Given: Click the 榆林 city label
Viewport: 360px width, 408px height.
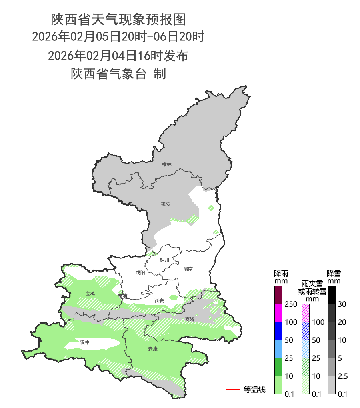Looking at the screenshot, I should coord(167,164).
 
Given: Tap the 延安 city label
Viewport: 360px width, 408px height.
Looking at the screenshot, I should coord(166,204).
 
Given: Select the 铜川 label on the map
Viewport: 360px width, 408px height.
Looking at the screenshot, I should coord(165,260).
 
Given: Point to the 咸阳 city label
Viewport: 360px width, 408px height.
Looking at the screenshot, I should coord(140,273).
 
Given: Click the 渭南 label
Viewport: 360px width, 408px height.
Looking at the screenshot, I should coord(188,269).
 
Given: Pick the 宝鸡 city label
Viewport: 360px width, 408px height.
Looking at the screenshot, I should coord(90,294).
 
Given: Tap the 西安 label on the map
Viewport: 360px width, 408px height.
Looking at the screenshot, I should coord(159,301).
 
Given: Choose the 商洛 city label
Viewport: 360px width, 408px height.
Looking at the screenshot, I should coord(190,319).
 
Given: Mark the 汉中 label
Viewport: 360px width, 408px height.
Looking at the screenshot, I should coord(85,342).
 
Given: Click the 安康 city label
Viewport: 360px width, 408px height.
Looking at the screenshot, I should coord(153,349).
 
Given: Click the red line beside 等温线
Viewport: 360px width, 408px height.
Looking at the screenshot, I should coord(232,389).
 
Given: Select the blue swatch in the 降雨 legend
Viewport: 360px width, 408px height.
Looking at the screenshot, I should coord(279,331).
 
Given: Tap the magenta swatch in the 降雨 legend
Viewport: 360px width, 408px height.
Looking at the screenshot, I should coord(279,313).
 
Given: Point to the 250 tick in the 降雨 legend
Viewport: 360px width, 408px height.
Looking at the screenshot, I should coord(291,304).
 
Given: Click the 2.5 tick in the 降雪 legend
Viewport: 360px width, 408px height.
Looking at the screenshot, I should coord(343,376).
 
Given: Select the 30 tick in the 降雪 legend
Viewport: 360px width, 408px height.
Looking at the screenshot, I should coord(342,304).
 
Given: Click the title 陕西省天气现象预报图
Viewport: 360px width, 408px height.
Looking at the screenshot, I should coord(118,19).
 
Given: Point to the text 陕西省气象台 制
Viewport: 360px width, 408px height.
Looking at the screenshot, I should coord(118,74).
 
